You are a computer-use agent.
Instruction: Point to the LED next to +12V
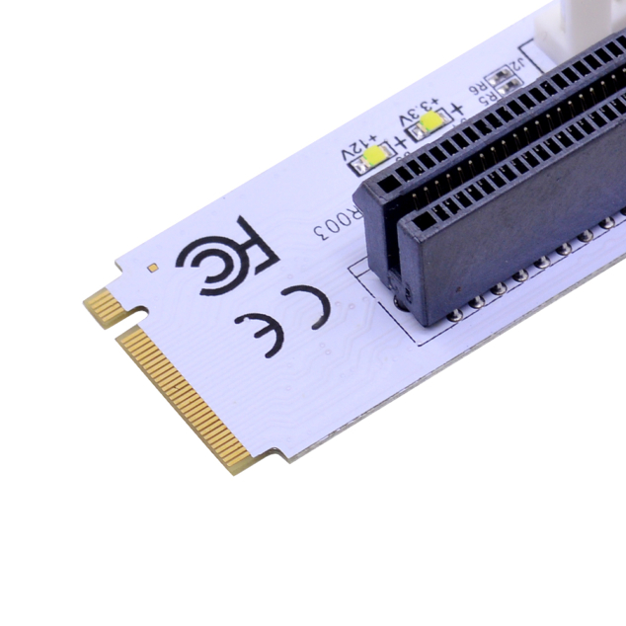click(375, 156)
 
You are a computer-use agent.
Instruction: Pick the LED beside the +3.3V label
click(430, 122)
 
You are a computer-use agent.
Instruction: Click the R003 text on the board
click(332, 228)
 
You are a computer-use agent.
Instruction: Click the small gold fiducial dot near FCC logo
click(152, 267)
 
